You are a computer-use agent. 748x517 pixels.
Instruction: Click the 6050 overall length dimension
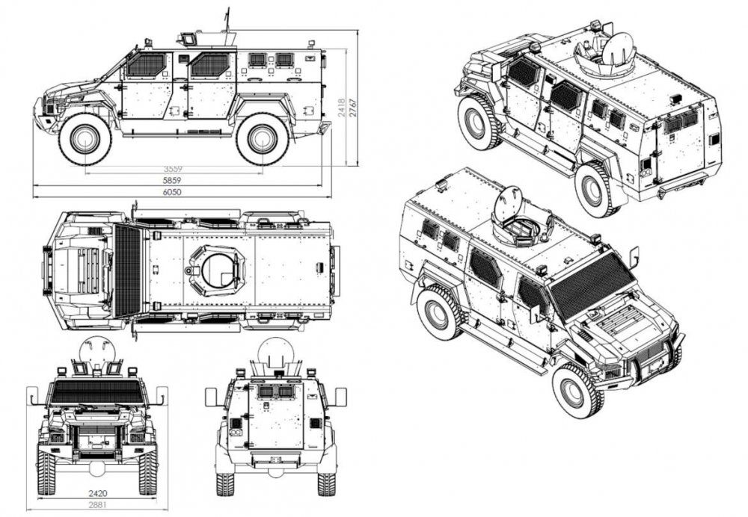172,192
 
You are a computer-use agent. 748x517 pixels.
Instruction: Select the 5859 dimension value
172,181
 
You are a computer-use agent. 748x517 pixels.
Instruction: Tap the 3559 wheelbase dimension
174,168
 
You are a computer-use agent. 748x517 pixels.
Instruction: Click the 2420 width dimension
95,494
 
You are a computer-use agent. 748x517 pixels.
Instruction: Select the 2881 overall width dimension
95,506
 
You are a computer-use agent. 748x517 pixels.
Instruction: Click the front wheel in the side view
85,138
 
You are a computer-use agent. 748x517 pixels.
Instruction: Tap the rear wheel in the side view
262,138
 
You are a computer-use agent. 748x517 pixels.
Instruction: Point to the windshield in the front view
95,391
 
